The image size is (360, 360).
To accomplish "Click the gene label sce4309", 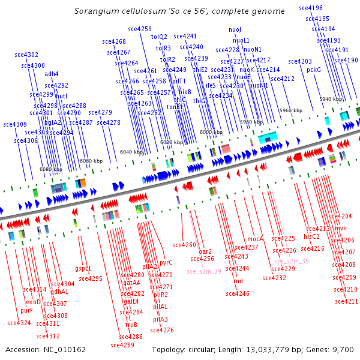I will [15, 125].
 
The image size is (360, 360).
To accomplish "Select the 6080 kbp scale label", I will [51, 170].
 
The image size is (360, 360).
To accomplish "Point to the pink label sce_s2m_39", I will [204, 271].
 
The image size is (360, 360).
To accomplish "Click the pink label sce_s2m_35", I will [292, 261].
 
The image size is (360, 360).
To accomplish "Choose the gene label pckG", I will [314, 70].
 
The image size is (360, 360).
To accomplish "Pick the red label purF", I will [26, 310].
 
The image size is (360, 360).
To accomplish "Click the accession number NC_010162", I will [63, 349].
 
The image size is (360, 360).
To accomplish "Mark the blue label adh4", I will [52, 74].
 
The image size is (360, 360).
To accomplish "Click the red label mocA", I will [256, 239].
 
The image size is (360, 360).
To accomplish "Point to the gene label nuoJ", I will [235, 29].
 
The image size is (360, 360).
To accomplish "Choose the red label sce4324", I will [19, 323].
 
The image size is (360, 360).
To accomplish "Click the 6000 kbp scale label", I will [211, 132].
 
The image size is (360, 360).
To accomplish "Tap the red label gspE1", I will [83, 268].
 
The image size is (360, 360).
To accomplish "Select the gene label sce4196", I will [310, 8].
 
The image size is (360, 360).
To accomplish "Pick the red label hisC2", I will [311, 236].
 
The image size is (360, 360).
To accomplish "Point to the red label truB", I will [131, 325].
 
